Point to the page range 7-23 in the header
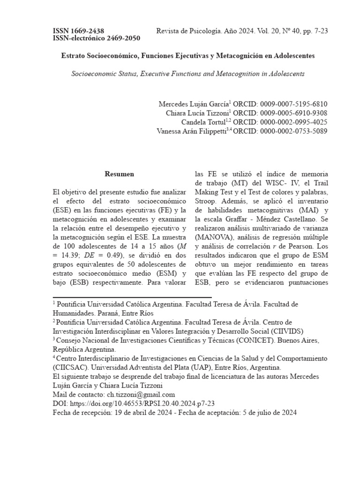[x=319, y=31]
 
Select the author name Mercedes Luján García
[x=193, y=104]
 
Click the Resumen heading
[x=119, y=174]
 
